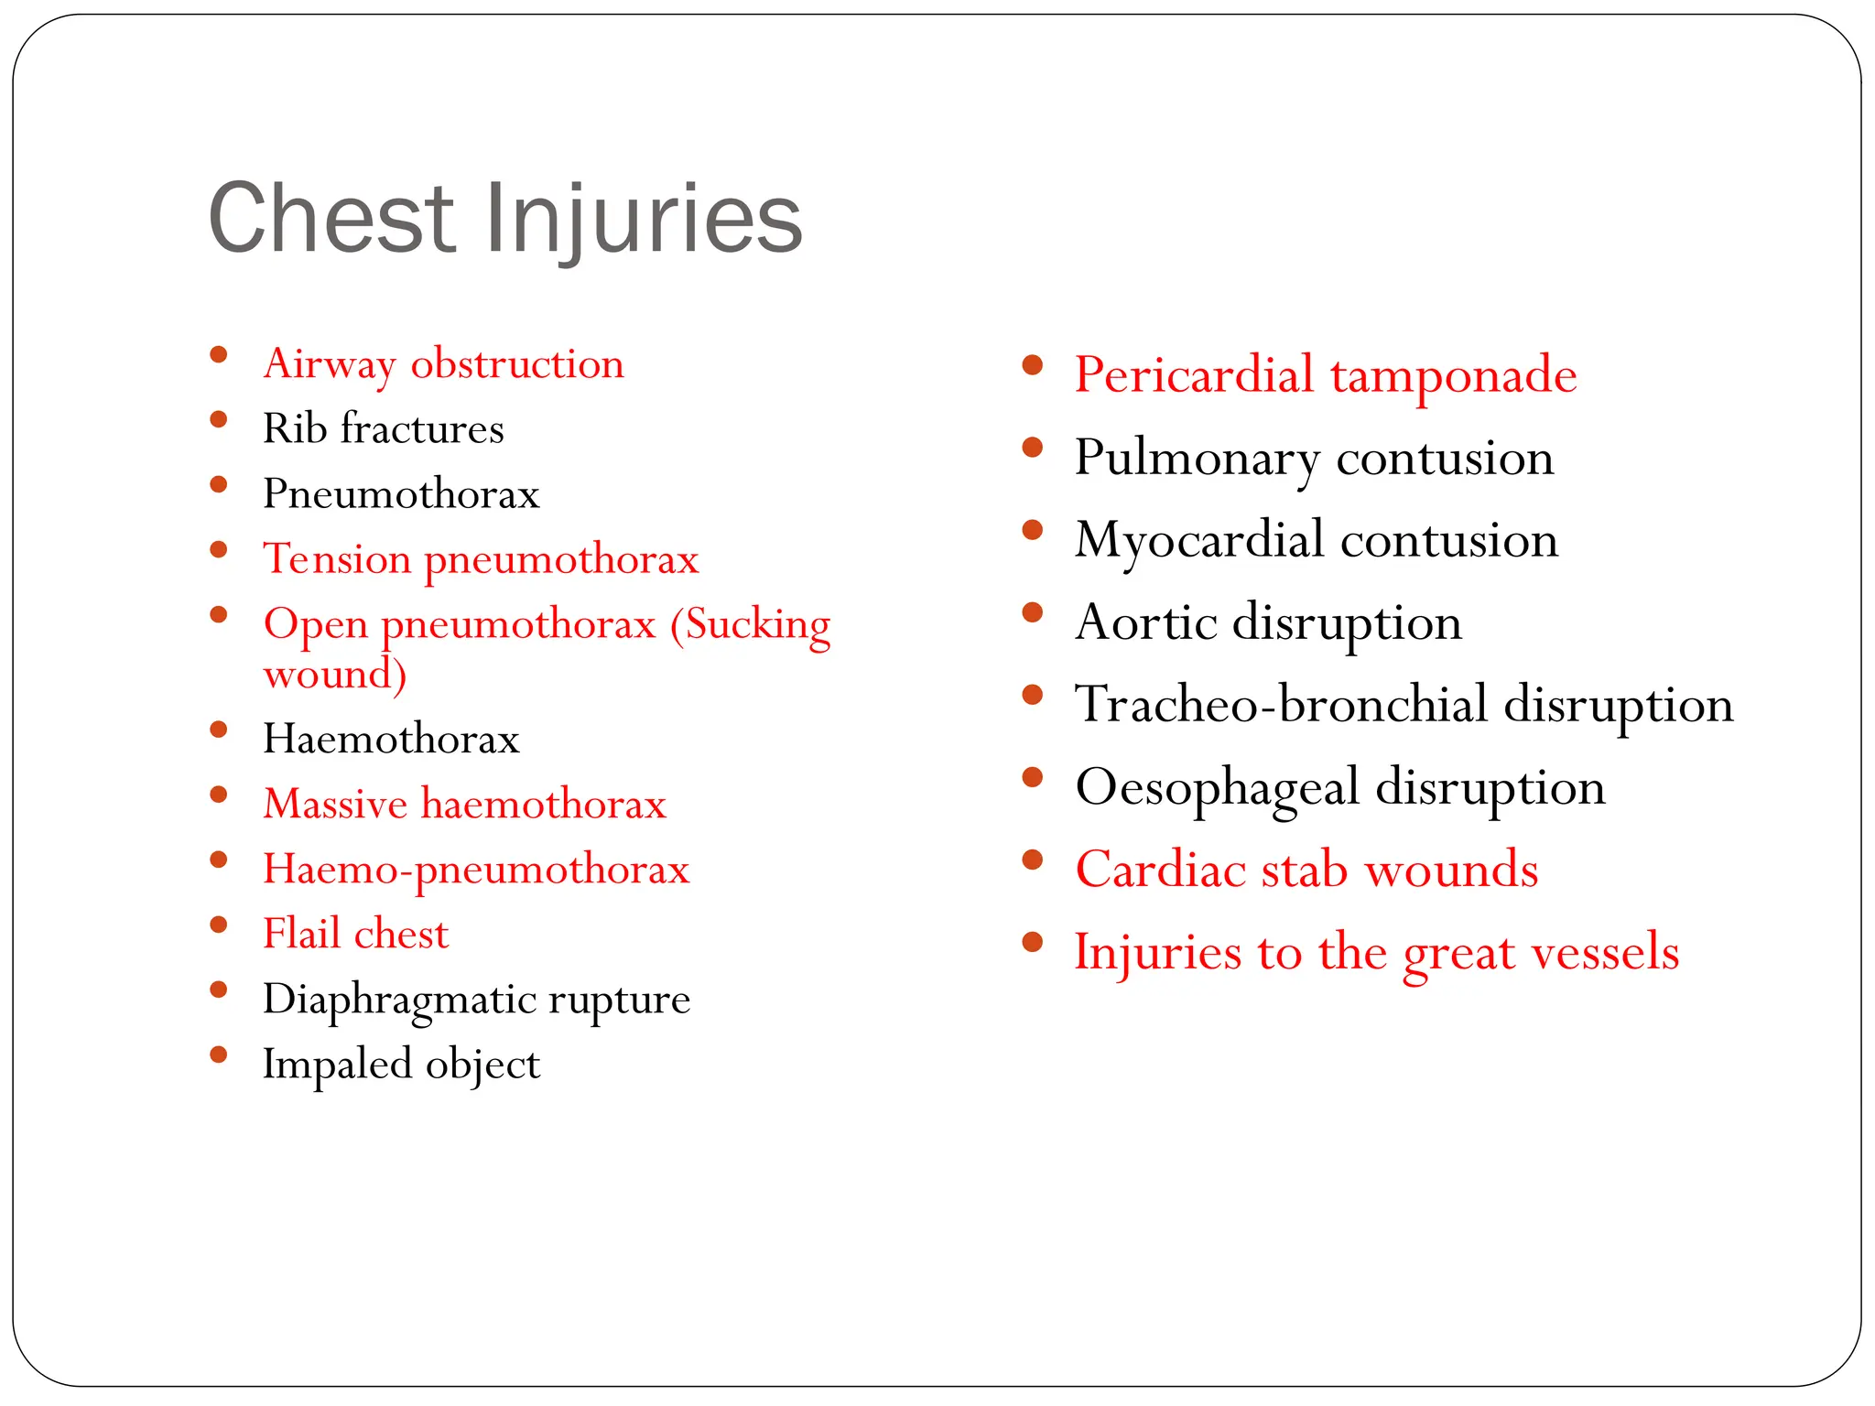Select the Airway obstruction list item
[443, 364]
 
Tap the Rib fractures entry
[383, 429]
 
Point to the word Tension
[337, 558]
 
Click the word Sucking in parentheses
[751, 625]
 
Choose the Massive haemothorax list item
[464, 804]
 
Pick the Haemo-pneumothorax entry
[476, 869]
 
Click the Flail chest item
[355, 934]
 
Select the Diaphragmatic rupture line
[476, 999]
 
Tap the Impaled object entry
[401, 1064]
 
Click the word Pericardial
[1194, 375]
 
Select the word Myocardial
[1200, 540]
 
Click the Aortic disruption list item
[1268, 622]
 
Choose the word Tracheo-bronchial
[1283, 705]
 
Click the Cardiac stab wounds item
[1306, 870]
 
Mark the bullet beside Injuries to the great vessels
[1033, 942]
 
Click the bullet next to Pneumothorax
[218, 485]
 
